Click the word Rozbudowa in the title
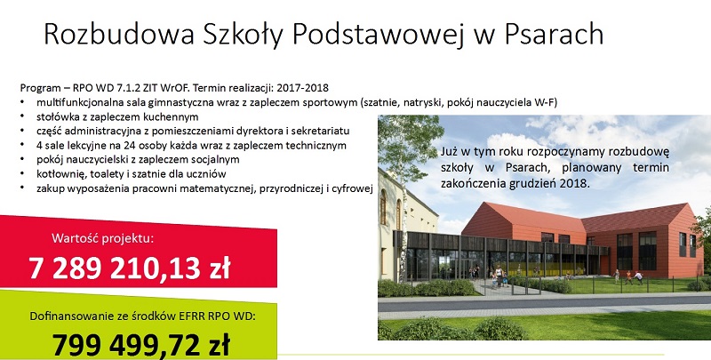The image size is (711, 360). tap(119, 34)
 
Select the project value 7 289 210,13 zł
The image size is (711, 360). tap(130, 268)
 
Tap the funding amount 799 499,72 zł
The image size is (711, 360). tap(141, 345)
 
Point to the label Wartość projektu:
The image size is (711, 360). tap(102, 238)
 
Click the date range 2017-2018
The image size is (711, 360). tap(302, 87)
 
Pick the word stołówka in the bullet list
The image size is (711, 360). tap(56, 116)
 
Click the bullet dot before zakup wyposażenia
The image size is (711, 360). tap(21, 188)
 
